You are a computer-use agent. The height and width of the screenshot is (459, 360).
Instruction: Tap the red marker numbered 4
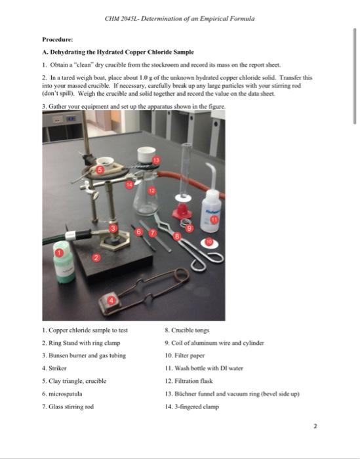[x=111, y=301]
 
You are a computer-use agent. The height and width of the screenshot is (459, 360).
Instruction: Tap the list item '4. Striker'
[x=56, y=369]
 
